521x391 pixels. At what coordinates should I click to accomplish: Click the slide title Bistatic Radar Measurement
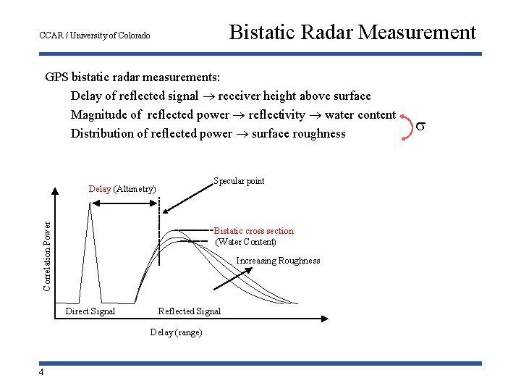[352, 33]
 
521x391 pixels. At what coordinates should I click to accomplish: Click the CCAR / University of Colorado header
[94, 35]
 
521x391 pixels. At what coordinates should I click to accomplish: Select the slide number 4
[42, 372]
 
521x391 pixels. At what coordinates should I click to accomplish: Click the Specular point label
[238, 181]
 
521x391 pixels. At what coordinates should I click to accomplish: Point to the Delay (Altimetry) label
[122, 189]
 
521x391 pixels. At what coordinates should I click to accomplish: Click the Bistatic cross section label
[254, 231]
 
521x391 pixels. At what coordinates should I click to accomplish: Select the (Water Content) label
[245, 242]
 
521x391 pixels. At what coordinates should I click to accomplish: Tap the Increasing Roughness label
[278, 261]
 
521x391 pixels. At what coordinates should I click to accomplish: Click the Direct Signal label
[90, 311]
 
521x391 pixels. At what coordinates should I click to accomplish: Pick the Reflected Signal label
[189, 311]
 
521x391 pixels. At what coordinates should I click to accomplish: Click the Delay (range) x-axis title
[176, 332]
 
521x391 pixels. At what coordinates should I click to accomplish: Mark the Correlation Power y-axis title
[47, 246]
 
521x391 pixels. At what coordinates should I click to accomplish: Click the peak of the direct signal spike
[90, 202]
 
